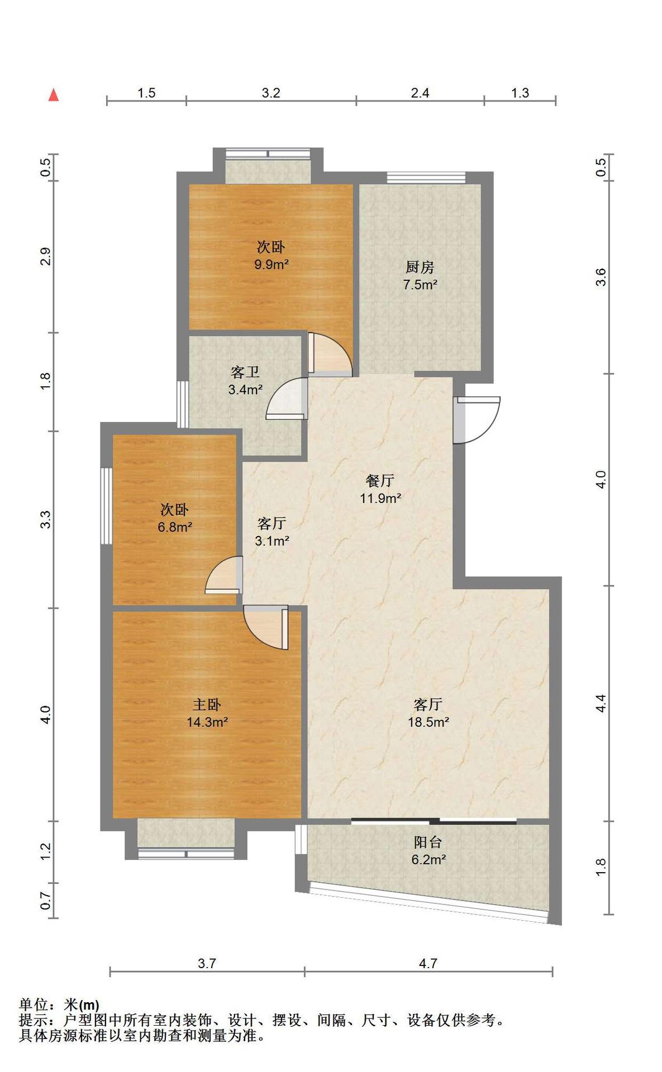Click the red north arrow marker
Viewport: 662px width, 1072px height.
(54, 94)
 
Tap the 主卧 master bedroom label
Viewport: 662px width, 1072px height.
(207, 704)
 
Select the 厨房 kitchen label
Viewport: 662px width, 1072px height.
(420, 267)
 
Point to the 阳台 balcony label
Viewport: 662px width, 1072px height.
(428, 842)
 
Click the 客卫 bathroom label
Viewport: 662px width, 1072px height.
(245, 372)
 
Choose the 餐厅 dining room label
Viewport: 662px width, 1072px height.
(380, 480)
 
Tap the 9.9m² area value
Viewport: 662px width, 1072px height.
(272, 264)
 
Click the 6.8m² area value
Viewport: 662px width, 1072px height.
(175, 527)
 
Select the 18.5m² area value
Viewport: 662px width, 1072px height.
(428, 721)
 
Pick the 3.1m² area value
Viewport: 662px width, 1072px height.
(272, 540)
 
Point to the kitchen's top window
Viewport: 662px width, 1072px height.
(426, 177)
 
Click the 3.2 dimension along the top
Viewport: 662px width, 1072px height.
(271, 93)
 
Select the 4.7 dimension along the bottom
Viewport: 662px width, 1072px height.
(428, 963)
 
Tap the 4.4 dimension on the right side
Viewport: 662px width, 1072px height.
(601, 703)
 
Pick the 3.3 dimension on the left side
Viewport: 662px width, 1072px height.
(46, 520)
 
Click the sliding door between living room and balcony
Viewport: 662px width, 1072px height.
(434, 821)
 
